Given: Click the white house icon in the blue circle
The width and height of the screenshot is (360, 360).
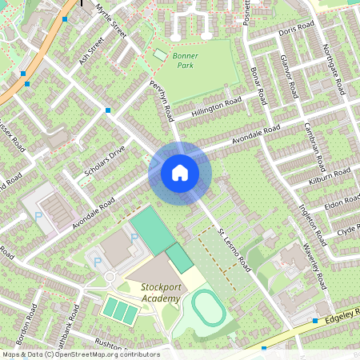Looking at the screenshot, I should coord(180,172).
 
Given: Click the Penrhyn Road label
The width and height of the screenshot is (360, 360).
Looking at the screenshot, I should coord(160,100).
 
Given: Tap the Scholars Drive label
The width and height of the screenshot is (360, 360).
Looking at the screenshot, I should coord(105,162).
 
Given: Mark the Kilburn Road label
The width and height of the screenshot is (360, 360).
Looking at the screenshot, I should coord(330,178).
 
